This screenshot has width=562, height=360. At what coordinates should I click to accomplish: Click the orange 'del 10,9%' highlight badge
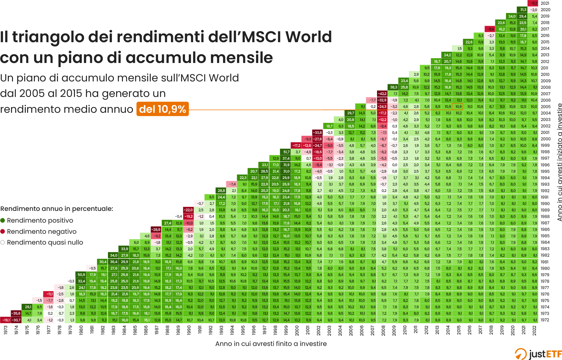pyautogui.click(x=162, y=109)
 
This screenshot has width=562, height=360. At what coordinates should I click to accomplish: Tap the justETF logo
pyautogui.click(x=538, y=354)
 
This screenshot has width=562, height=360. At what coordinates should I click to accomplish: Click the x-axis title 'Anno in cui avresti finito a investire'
pyautogui.click(x=271, y=344)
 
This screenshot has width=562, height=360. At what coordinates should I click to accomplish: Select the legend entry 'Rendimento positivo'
pyautogui.click(x=40, y=220)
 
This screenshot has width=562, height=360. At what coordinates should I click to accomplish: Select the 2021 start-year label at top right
pyautogui.click(x=545, y=3)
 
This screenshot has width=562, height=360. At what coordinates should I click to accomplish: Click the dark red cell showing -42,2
pyautogui.click(x=382, y=94)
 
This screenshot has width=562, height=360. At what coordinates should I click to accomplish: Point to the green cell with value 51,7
pyautogui.click(x=286, y=152)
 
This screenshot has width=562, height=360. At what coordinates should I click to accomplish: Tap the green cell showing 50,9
pyautogui.click(x=81, y=274)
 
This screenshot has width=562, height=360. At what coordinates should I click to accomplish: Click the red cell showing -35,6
pyautogui.click(x=16, y=313)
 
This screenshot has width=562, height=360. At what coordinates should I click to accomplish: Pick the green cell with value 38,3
pyautogui.click(x=393, y=87)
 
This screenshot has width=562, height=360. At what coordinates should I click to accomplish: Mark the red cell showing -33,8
pyautogui.click(x=318, y=132)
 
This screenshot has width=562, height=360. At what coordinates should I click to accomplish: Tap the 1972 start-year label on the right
pyautogui.click(x=545, y=320)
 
